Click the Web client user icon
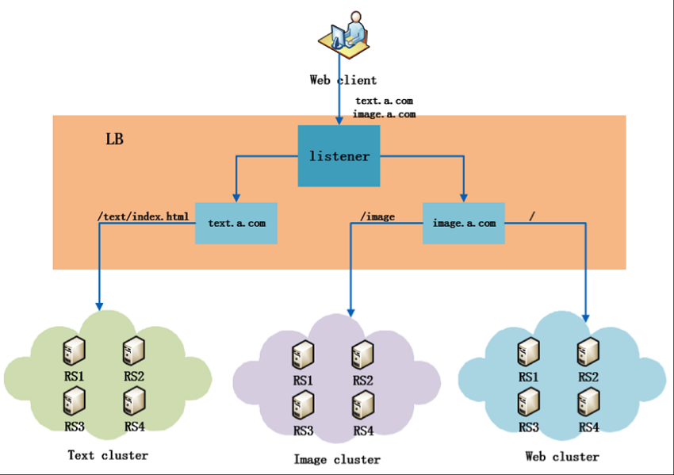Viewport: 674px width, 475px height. click(x=344, y=36)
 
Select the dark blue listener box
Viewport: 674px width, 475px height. click(x=339, y=156)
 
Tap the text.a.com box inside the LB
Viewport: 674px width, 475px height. click(x=236, y=223)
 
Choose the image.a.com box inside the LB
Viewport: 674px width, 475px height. click(x=464, y=223)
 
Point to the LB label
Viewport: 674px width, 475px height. click(x=114, y=140)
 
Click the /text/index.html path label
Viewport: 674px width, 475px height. click(x=144, y=216)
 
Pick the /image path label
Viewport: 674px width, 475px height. click(x=377, y=216)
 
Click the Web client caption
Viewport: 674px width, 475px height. click(x=343, y=79)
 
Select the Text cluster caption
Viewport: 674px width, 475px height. click(x=107, y=455)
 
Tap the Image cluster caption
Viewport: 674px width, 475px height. click(x=336, y=459)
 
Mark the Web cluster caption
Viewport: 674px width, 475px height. click(x=561, y=456)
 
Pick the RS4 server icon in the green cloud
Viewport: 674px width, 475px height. click(x=133, y=402)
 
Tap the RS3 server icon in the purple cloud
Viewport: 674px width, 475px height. click(x=303, y=404)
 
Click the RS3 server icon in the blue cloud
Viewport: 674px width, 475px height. click(x=528, y=401)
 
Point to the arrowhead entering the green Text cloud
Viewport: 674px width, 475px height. click(x=99, y=305)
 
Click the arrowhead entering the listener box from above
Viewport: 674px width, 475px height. click(x=339, y=120)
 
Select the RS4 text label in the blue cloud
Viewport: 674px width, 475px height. click(x=588, y=427)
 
